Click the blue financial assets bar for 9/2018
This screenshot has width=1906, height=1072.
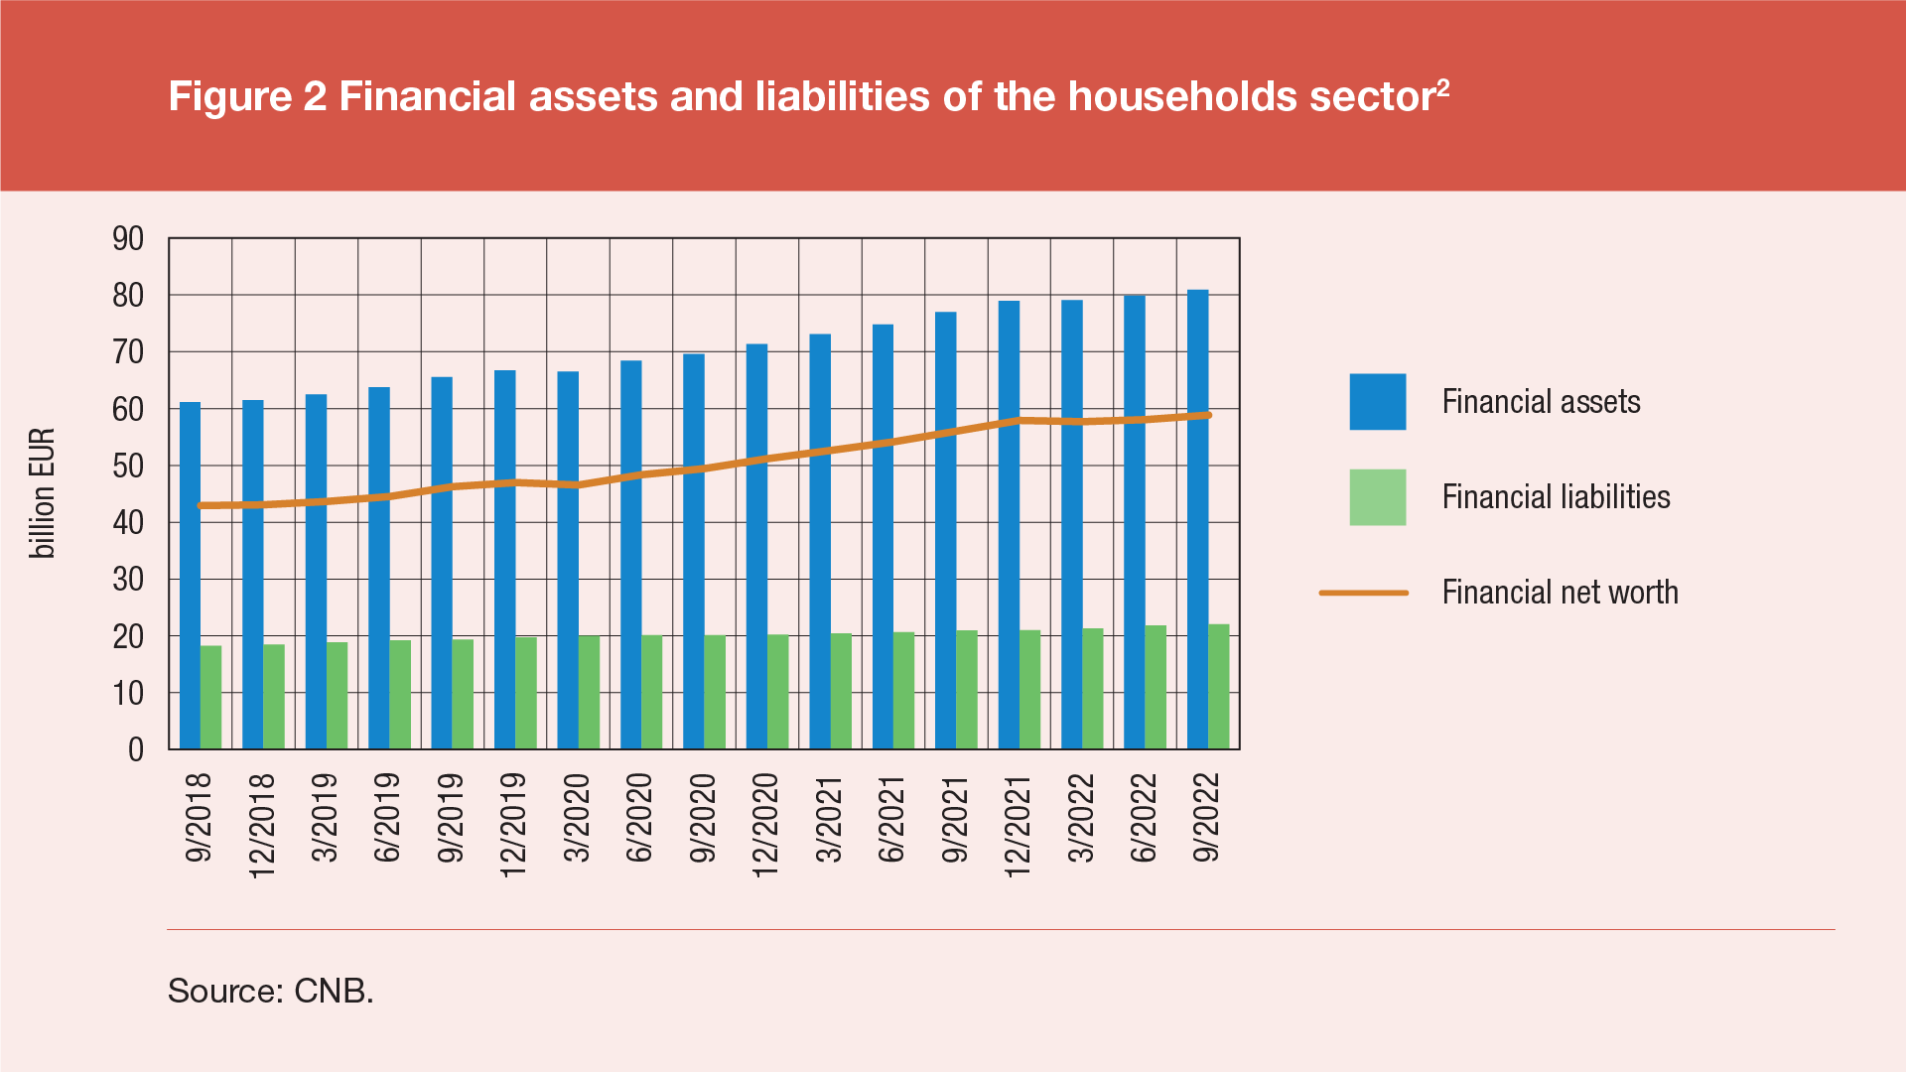(x=190, y=576)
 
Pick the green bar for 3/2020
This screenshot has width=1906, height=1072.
(x=589, y=692)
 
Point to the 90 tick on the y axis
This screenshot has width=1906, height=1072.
(x=128, y=239)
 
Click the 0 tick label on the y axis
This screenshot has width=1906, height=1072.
(x=136, y=750)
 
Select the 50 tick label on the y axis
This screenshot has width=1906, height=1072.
(x=128, y=467)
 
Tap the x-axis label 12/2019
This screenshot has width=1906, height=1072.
(x=512, y=825)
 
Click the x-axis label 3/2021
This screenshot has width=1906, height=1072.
(x=828, y=819)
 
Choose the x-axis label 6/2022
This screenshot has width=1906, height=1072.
(x=1144, y=819)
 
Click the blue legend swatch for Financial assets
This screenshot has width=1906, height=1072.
(x=1377, y=402)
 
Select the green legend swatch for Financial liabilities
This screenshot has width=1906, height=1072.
(x=1377, y=497)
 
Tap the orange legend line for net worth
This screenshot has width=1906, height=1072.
(x=1363, y=593)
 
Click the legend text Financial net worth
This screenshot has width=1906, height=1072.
(x=1560, y=593)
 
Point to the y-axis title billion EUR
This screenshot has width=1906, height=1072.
(x=42, y=493)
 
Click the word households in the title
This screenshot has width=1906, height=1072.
(x=1181, y=97)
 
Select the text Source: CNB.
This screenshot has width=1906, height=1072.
(x=270, y=991)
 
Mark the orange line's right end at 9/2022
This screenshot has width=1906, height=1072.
(x=1208, y=415)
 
